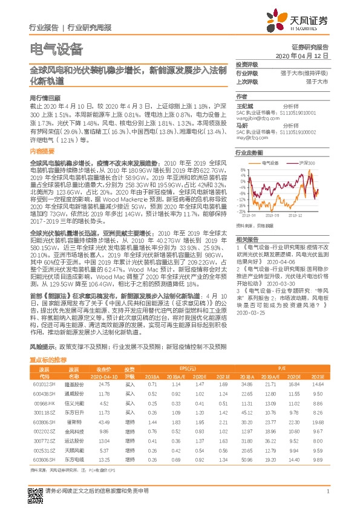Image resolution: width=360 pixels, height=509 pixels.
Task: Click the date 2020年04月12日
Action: [310, 54]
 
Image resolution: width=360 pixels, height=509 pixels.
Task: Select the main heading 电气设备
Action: [56, 49]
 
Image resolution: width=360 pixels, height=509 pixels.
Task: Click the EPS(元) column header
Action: [187, 368]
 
